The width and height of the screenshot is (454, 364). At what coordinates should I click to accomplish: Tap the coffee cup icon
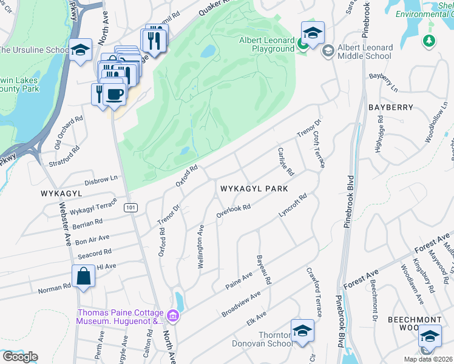114,94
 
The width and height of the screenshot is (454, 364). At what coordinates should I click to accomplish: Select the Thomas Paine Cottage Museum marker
173,315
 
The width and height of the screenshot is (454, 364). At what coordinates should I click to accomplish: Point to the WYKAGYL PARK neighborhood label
253,189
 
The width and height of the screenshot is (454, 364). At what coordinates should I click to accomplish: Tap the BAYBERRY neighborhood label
390,107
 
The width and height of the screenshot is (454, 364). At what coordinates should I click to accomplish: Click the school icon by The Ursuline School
80,51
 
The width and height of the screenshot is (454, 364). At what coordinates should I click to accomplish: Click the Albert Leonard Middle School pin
328,50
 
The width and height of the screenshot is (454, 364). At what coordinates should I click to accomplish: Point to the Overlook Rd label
234,212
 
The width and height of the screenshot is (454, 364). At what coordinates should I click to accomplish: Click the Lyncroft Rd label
293,206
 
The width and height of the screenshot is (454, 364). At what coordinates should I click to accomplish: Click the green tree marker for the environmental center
430,41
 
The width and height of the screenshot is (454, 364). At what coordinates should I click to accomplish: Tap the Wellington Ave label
200,247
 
